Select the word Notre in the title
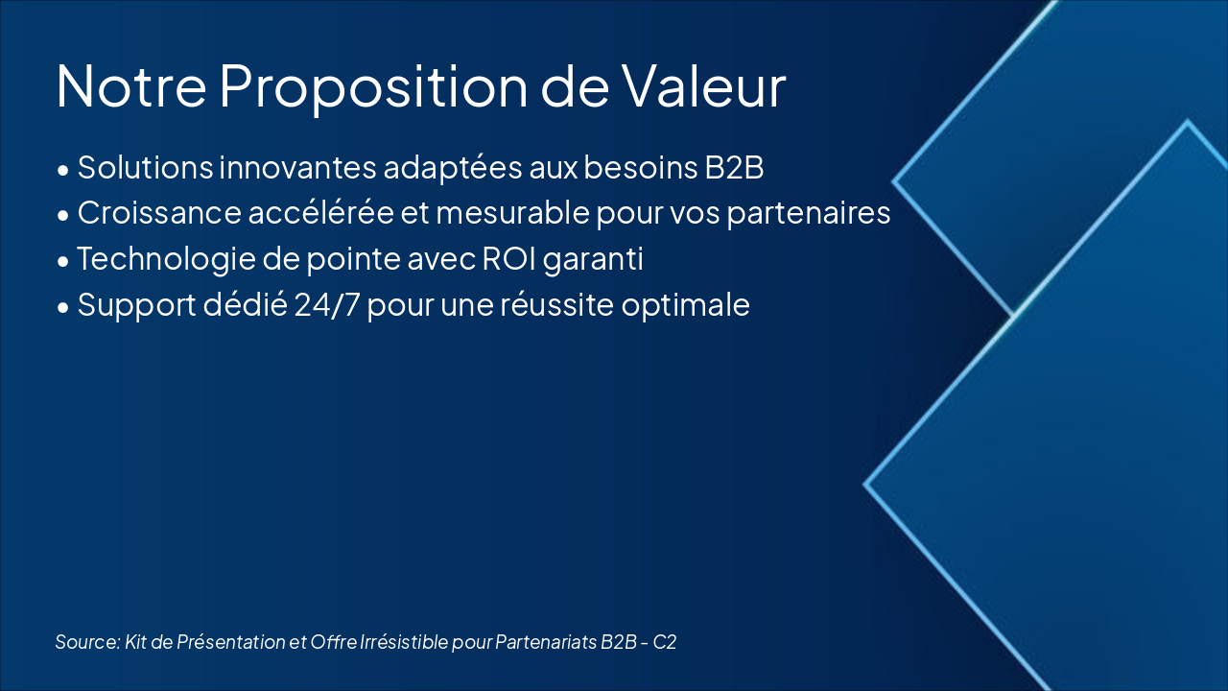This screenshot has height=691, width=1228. click(x=131, y=86)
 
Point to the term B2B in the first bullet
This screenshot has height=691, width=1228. click(x=734, y=167)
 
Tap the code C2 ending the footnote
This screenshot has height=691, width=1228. click(x=665, y=642)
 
